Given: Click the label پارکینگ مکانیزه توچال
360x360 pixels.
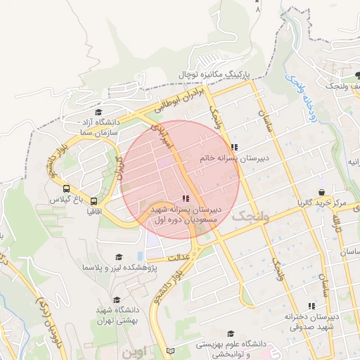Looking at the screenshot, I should [212, 74].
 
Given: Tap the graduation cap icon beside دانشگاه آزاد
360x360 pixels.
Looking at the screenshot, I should [98, 111].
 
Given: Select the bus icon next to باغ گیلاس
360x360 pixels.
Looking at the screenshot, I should [65, 189].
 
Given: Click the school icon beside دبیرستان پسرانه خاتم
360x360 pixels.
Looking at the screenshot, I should [234, 148].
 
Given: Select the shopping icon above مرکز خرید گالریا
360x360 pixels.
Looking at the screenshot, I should [321, 192].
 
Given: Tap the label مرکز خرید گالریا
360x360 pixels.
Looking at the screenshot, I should [322, 203].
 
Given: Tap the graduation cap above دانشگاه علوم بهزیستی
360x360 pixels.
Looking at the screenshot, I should [231, 334].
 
